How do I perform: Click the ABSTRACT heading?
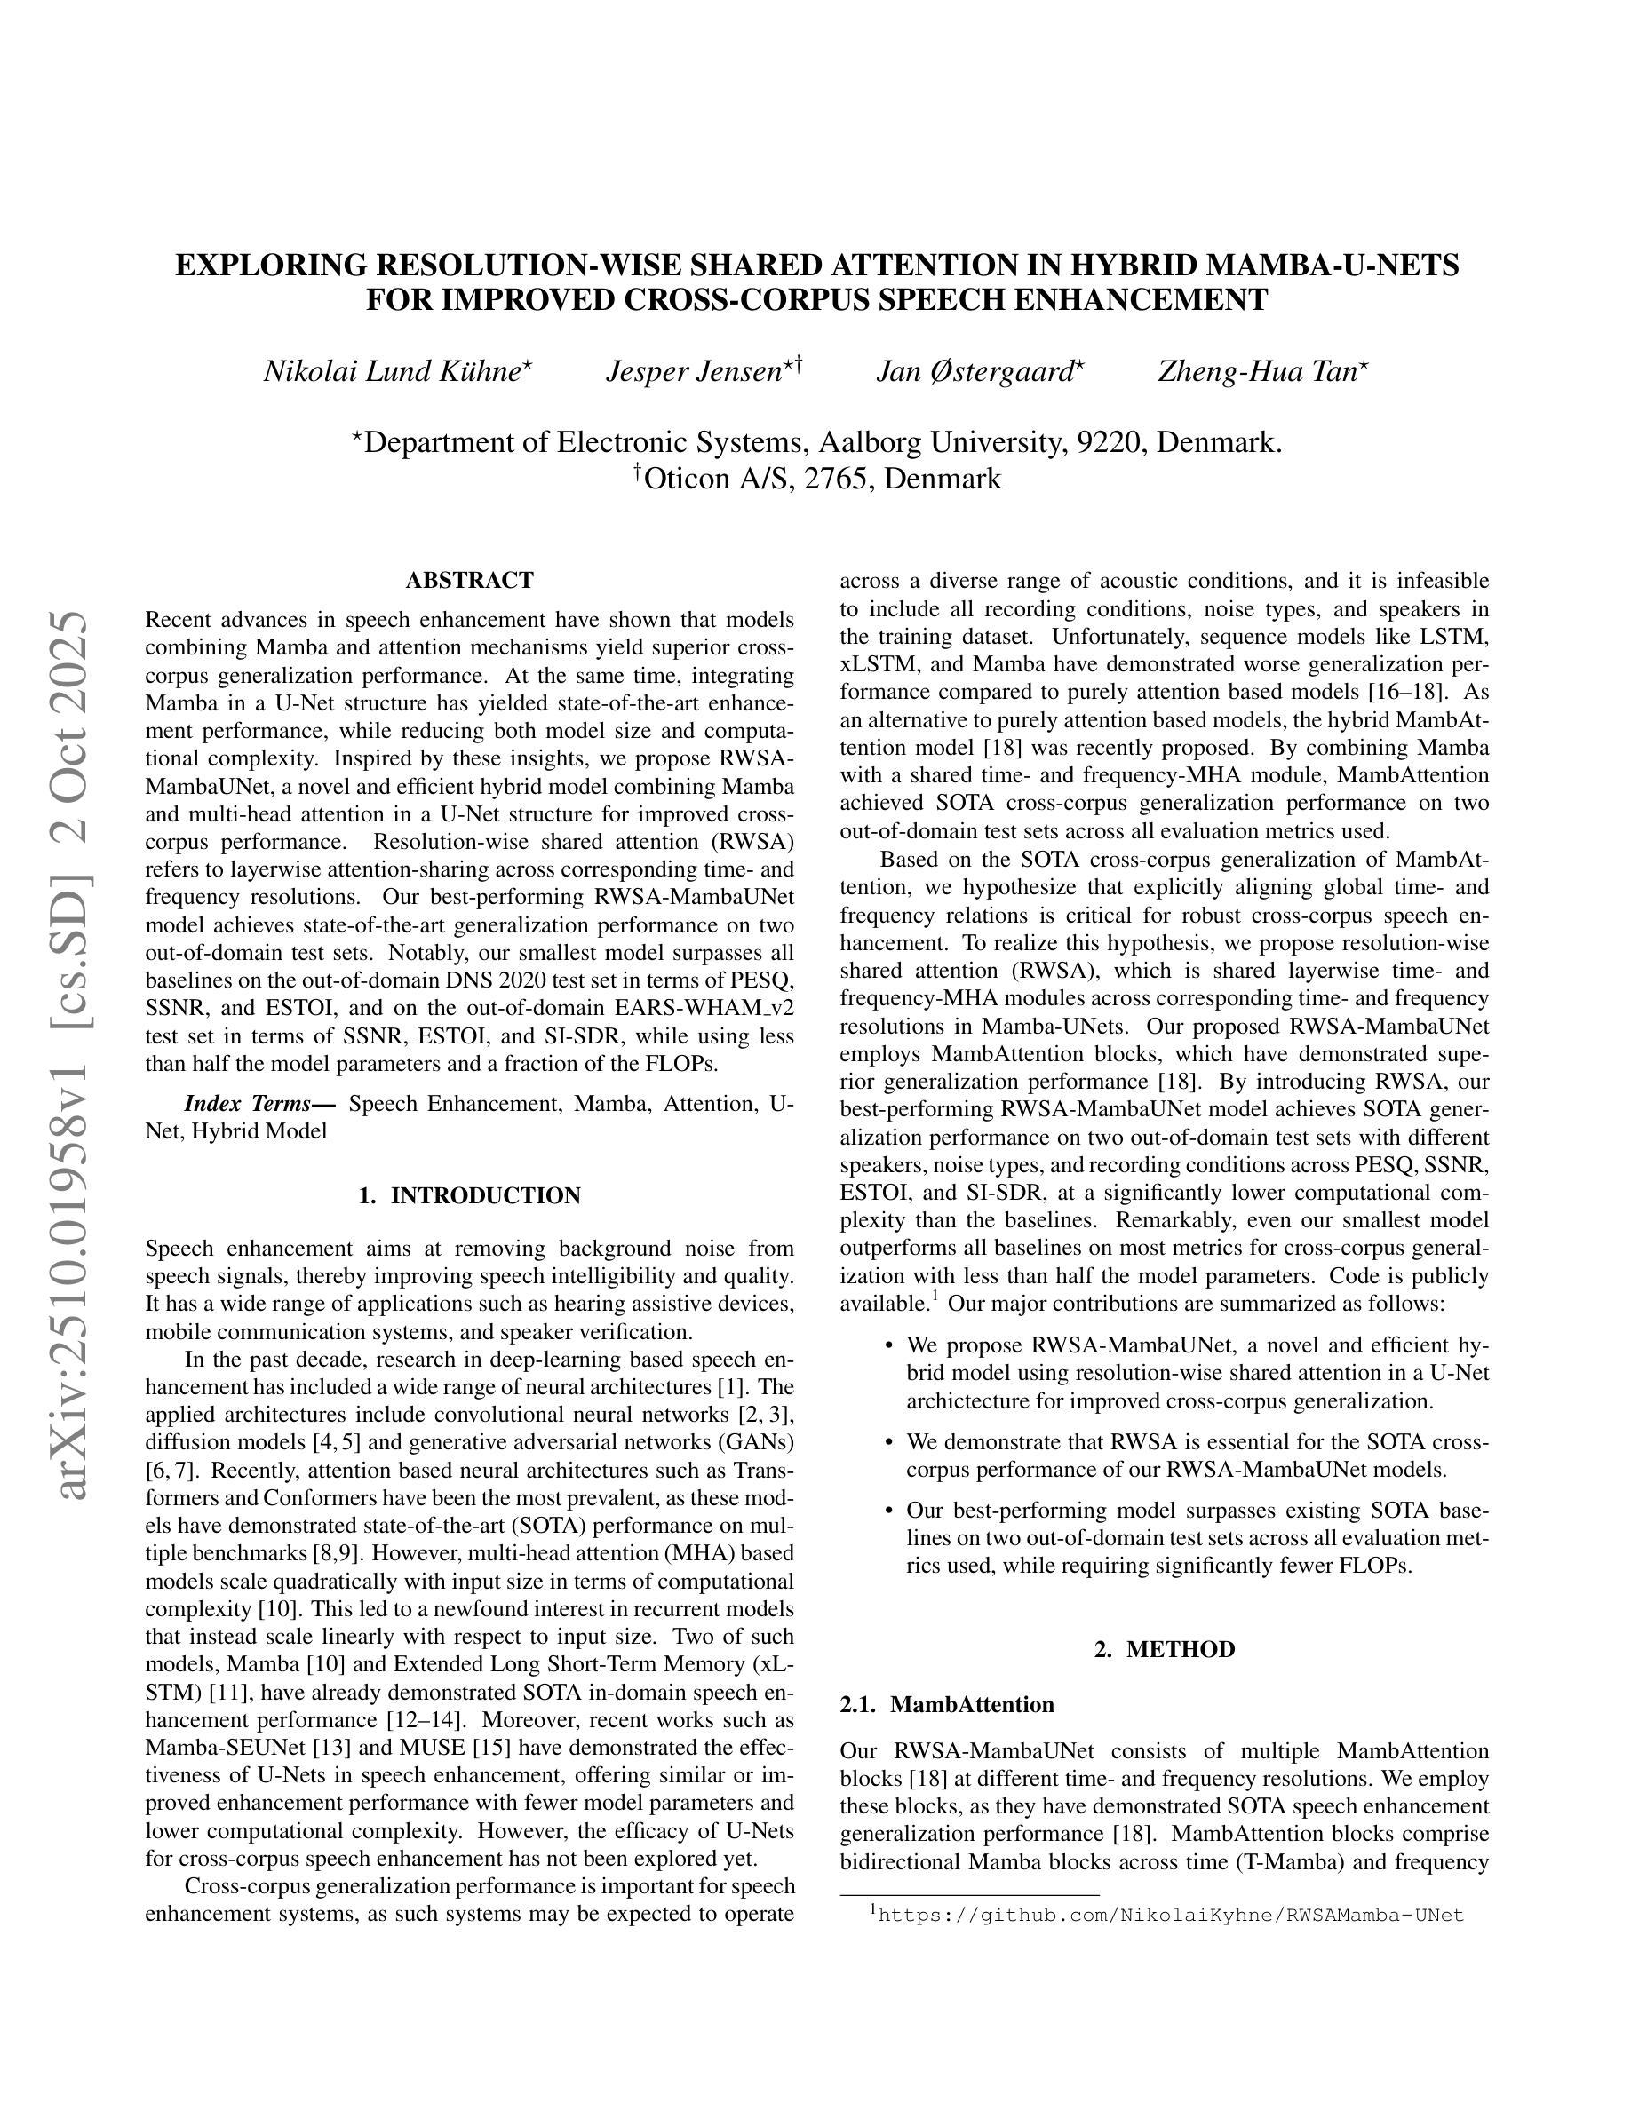click(470, 581)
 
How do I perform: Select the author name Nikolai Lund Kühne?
click(393, 372)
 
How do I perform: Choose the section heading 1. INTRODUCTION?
click(470, 1196)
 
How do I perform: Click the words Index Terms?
click(253, 1103)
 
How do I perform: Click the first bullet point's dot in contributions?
click(888, 1345)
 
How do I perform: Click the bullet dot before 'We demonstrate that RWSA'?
click(888, 1442)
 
